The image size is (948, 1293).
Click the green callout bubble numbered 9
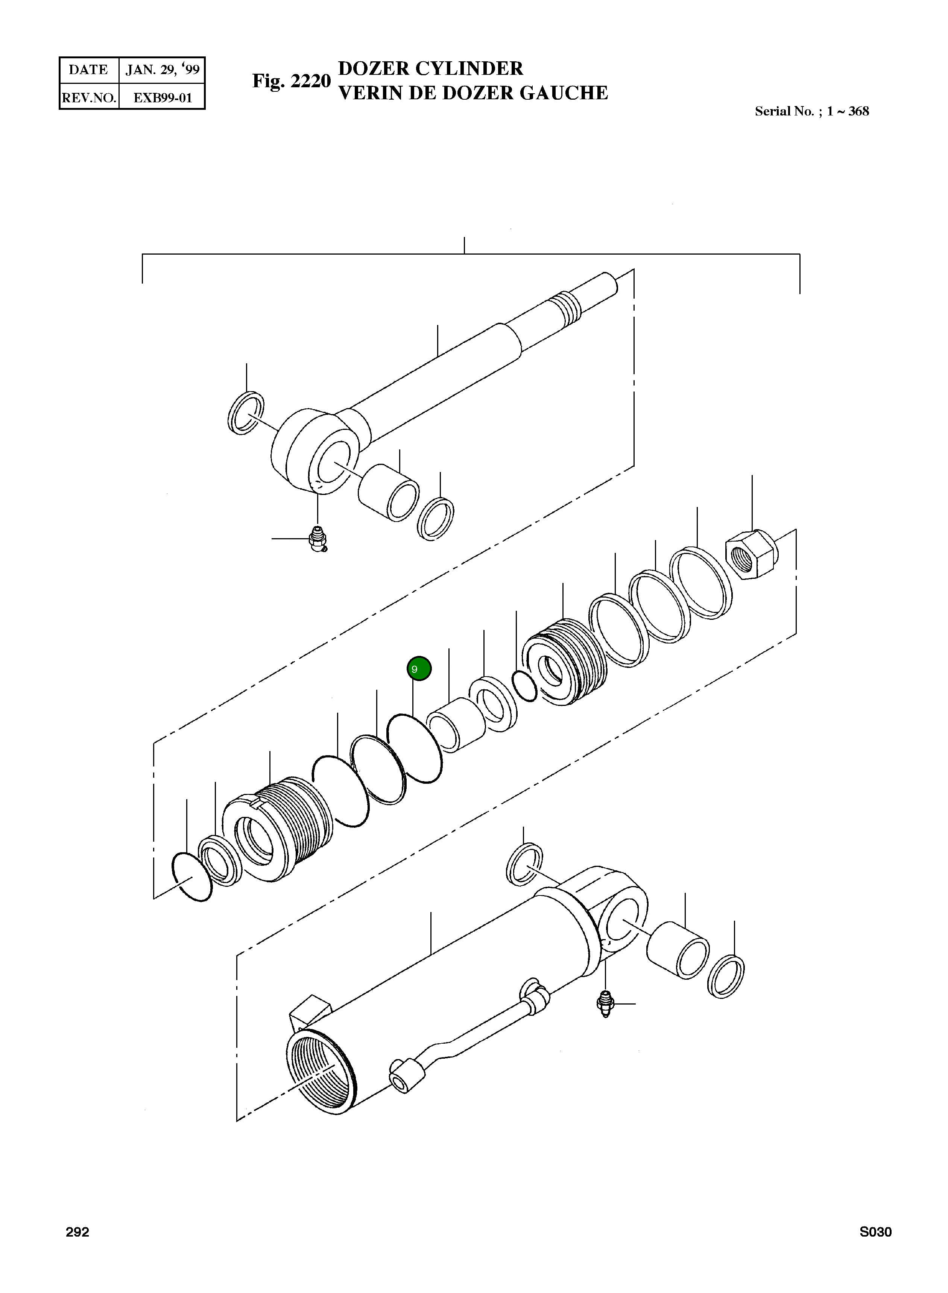point(419,668)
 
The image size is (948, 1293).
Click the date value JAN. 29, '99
point(163,70)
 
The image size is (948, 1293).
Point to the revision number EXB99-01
point(163,97)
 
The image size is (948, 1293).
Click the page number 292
point(77,1232)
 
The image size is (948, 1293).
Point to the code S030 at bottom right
point(875,1232)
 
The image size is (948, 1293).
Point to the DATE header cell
point(88,70)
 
